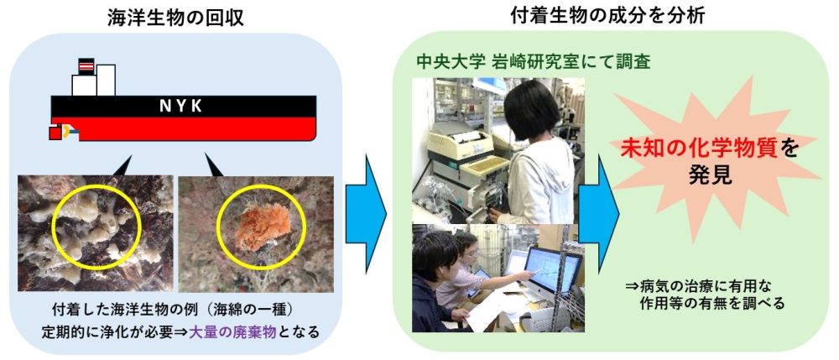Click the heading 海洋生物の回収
tap(176, 18)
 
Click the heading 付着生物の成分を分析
tap(607, 16)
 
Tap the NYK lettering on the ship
tap(181, 107)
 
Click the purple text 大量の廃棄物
tap(232, 332)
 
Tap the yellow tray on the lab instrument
tap(484, 167)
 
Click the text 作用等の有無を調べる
tap(711, 304)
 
